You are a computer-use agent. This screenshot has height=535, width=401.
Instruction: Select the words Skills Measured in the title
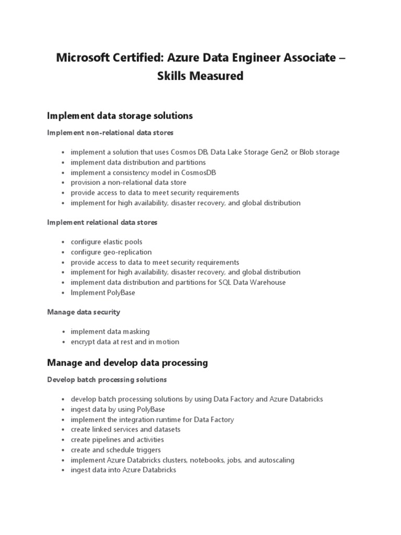tap(200, 76)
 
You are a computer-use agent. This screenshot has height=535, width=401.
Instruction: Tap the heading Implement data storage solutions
tap(120, 115)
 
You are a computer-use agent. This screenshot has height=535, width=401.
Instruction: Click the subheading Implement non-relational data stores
tap(110, 133)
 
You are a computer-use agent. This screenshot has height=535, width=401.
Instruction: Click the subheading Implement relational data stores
tap(102, 222)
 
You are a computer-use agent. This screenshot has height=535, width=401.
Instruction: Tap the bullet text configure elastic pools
tap(107, 242)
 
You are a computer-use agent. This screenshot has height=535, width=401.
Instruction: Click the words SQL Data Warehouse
tap(255, 282)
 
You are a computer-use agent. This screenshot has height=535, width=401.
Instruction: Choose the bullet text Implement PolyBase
tap(103, 293)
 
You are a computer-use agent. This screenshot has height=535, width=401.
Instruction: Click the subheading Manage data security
tap(84, 312)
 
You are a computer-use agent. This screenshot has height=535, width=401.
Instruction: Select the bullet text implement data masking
tap(110, 331)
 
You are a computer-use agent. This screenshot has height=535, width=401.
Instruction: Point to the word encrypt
tap(83, 342)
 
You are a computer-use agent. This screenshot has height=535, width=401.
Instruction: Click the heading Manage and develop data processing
tap(127, 363)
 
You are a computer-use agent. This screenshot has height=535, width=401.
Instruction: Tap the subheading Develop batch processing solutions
tap(107, 379)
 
